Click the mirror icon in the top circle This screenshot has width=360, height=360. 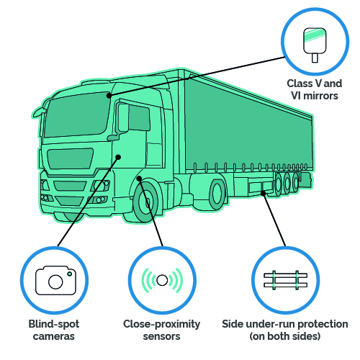point(315,45)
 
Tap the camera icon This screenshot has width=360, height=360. point(55,280)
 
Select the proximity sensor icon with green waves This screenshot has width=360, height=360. point(162,280)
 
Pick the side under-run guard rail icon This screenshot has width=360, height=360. point(285,280)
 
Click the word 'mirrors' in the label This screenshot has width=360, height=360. point(320,96)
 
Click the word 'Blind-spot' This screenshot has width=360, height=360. point(54,324)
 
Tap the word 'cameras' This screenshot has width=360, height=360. point(54,336)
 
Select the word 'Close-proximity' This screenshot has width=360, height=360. point(161,324)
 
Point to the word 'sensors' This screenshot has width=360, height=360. point(161,336)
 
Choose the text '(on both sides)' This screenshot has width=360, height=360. point(285,336)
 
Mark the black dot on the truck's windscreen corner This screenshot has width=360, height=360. point(109,96)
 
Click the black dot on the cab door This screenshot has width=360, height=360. point(118,157)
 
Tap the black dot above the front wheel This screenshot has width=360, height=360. point(139,179)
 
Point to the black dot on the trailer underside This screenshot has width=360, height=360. point(264,193)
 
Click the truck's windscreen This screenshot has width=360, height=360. point(77,114)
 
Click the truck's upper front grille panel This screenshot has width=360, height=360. point(70,158)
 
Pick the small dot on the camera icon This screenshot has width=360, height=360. point(70,274)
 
